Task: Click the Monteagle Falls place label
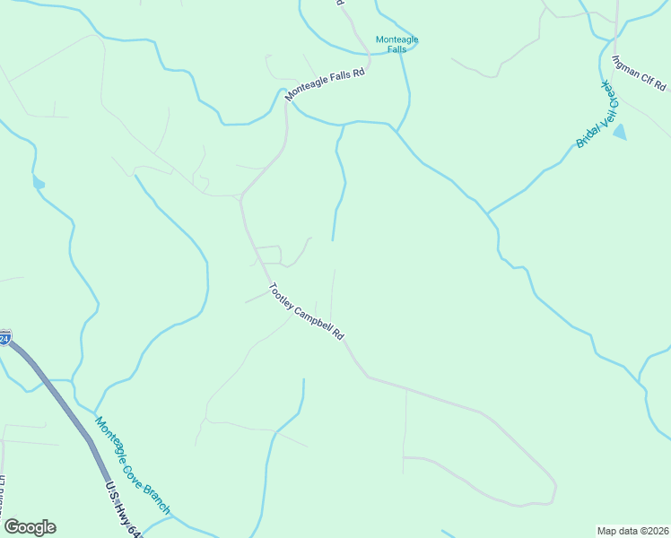click(x=396, y=44)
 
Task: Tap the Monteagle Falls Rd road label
click(x=326, y=86)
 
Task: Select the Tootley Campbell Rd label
click(x=306, y=311)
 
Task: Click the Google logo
click(x=30, y=527)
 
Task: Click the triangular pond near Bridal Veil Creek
click(x=620, y=133)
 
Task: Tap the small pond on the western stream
click(x=38, y=183)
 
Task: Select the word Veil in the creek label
click(x=595, y=114)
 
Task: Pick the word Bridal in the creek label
click(x=584, y=134)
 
